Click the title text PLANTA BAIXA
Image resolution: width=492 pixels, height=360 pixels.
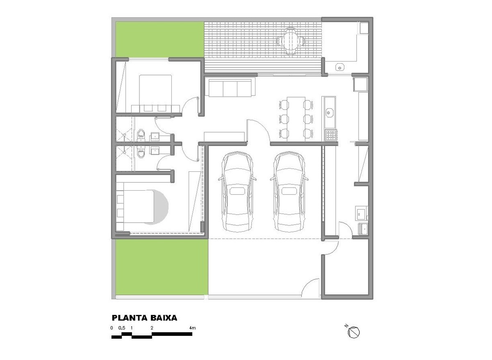coord(144,318)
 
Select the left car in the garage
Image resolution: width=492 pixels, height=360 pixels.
coord(237,191)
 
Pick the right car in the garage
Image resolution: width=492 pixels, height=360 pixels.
coord(289,191)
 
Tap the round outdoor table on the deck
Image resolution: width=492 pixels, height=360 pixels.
coord(291,41)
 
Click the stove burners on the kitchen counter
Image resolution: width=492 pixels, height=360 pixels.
coord(331,135)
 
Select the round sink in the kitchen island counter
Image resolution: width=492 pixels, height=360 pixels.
coord(328,113)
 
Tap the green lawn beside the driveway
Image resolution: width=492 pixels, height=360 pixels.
coord(162,267)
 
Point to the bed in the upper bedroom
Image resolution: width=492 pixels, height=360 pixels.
coord(155,93)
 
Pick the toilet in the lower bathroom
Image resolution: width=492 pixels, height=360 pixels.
coord(141,152)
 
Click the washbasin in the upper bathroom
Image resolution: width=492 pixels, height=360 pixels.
coord(156,137)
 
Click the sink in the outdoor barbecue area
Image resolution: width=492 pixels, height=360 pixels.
coord(340,67)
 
